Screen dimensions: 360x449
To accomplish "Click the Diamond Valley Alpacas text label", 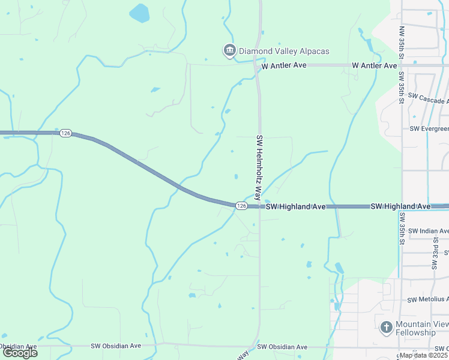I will [x=284, y=52].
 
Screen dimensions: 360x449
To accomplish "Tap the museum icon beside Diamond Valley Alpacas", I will [x=229, y=51].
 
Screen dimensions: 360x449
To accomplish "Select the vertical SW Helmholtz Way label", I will [x=259, y=166].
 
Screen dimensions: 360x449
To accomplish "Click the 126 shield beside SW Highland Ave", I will [x=241, y=206].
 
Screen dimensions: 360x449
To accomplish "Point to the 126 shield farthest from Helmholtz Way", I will [x=65, y=133].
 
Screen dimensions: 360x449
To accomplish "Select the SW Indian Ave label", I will [x=428, y=231].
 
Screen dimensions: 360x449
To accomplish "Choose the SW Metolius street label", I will [x=428, y=299].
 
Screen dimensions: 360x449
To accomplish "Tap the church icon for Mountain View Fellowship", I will [x=387, y=327].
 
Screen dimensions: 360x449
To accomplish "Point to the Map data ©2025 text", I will [x=424, y=355].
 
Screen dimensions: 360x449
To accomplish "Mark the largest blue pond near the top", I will [x=139, y=13].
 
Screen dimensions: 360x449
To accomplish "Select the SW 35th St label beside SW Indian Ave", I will [x=401, y=229].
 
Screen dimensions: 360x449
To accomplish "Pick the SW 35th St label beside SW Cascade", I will [x=401, y=89].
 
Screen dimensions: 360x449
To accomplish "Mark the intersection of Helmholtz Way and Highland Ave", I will [x=260, y=206].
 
